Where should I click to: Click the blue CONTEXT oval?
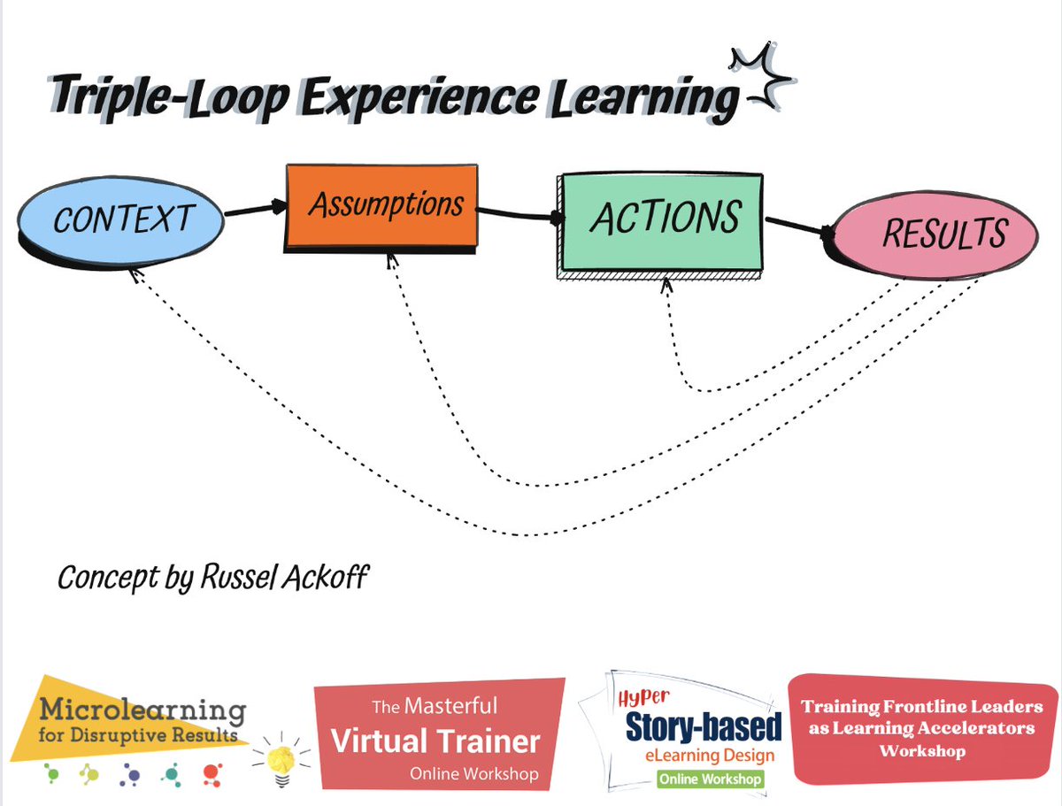[x=122, y=219]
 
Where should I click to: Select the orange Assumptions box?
[x=382, y=206]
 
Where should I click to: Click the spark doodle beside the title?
[x=759, y=78]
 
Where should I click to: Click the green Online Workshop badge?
[x=709, y=779]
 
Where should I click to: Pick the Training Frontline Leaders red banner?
[x=920, y=728]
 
